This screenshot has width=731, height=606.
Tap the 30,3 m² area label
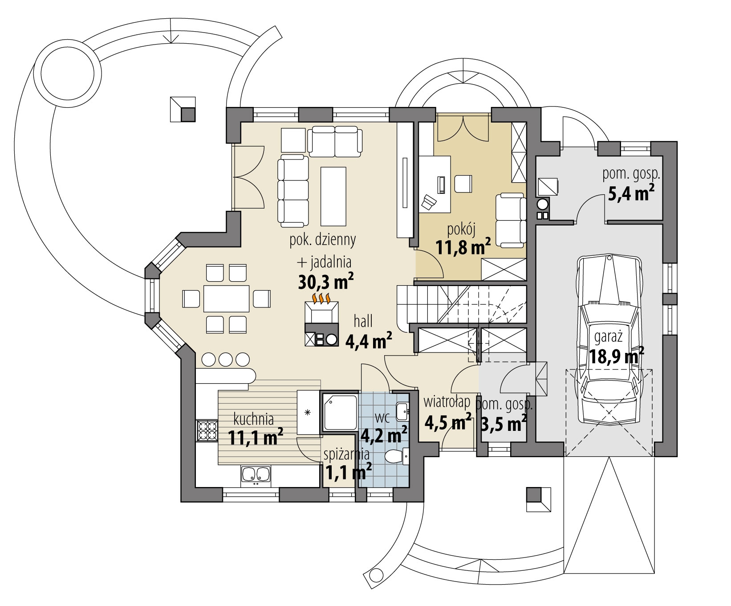325,281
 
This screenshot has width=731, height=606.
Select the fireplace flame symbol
321,297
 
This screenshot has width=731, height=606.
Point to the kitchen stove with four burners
207,431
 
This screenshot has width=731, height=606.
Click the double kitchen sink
256,475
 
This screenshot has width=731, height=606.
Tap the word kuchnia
253,419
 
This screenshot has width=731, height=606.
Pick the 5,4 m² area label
631,192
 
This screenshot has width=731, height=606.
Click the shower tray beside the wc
339,411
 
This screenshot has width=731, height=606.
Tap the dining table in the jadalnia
226,298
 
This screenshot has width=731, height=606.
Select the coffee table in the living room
333,196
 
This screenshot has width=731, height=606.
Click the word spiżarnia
347,454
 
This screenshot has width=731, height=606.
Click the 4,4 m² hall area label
369,341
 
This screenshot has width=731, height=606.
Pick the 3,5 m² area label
501,422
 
